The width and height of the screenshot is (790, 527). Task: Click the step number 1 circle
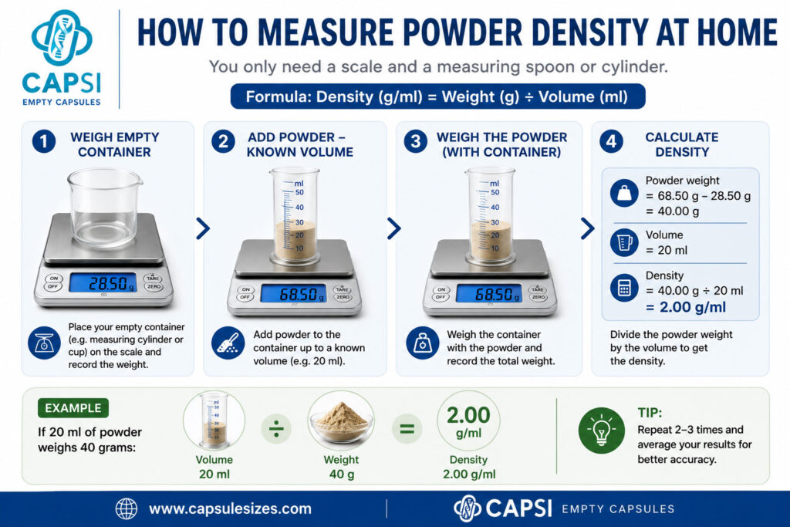tap(44, 141)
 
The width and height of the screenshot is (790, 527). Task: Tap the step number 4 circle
tap(611, 141)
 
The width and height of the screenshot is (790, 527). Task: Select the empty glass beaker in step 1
tap(105, 208)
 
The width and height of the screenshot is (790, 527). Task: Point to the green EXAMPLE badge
tap(73, 408)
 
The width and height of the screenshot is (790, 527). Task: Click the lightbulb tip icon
tap(602, 431)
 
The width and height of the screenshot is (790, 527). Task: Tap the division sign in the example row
tap(276, 429)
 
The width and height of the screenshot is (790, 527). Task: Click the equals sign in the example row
tap(407, 429)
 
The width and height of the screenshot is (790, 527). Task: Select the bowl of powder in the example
tap(341, 421)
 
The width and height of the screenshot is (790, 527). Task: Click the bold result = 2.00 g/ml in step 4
tap(686, 307)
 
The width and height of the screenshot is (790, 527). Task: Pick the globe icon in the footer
tap(126, 508)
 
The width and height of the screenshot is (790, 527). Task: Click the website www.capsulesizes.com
tap(230, 508)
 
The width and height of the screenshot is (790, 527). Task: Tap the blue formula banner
tap(437, 96)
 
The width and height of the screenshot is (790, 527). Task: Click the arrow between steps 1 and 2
tap(203, 228)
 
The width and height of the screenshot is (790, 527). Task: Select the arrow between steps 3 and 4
tap(588, 228)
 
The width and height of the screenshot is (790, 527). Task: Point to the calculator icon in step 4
tap(624, 288)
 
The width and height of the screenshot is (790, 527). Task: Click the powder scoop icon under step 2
tap(228, 343)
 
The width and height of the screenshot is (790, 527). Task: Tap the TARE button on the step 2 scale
tap(343, 289)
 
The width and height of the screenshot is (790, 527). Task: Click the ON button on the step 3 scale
tap(441, 289)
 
